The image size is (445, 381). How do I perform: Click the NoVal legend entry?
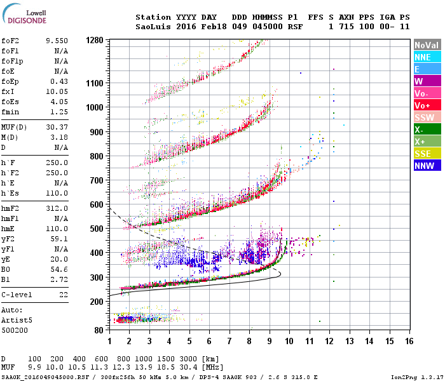click(x=427, y=45)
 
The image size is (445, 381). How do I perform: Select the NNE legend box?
click(x=427, y=57)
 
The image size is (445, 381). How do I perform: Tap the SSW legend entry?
click(x=427, y=117)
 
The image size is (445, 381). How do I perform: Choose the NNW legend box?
click(x=427, y=166)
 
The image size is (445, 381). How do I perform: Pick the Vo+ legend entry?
click(x=427, y=105)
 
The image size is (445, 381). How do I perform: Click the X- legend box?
click(x=427, y=130)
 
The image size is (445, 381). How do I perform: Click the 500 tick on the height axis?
click(x=96, y=229)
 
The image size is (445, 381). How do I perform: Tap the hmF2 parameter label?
click(x=13, y=208)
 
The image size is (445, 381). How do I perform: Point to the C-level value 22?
click(x=63, y=295)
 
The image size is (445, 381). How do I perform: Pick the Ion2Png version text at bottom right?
click(x=420, y=377)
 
